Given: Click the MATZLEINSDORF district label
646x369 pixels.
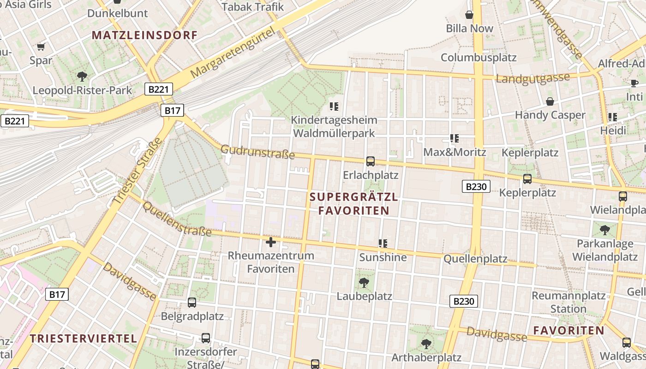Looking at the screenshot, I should (144, 35).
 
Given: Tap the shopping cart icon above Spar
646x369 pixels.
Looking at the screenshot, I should (41, 47).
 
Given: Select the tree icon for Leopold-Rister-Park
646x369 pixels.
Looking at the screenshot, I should (82, 76).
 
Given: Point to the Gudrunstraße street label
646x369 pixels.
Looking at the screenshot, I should (257, 152).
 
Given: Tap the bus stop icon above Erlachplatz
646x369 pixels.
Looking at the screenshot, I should (370, 161).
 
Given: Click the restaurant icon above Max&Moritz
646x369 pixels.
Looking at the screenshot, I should (455, 138).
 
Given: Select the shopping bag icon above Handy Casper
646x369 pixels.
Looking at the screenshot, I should (550, 101).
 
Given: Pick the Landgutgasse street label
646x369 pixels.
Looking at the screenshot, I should (533, 78).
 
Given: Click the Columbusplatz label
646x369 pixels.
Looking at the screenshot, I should (479, 58).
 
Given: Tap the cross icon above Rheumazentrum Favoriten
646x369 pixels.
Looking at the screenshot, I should (271, 242).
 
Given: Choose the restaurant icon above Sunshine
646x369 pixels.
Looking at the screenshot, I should (383, 243).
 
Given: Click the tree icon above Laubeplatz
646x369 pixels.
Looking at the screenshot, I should (364, 282).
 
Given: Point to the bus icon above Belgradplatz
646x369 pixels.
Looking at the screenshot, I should (192, 303).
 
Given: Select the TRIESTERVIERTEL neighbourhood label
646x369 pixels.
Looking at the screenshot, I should (84, 338).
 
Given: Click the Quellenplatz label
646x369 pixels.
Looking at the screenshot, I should (475, 259).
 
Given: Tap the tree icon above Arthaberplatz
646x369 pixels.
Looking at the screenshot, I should (426, 344).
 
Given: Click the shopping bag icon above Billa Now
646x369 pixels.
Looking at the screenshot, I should (469, 15).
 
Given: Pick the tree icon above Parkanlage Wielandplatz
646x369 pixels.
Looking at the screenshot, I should (604, 229).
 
